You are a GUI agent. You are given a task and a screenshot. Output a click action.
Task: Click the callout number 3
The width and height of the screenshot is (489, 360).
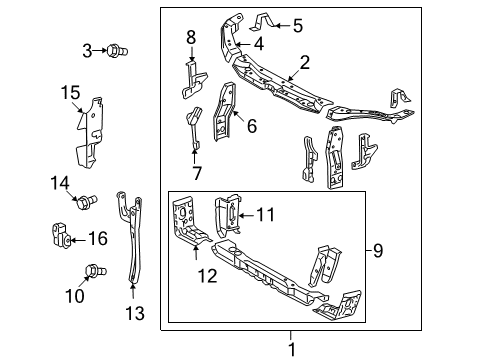87,51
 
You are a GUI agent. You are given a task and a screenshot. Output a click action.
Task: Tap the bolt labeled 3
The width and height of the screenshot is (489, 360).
117,51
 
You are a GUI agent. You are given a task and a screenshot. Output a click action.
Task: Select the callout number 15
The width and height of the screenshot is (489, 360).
71,92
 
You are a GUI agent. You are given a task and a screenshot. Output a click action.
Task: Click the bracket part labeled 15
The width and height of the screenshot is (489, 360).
89,133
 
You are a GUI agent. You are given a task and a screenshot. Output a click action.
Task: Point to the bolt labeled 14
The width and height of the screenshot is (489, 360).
87,202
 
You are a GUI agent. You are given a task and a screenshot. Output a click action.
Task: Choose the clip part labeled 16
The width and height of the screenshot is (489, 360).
62,236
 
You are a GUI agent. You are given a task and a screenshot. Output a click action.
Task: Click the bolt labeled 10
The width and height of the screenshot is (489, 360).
96,271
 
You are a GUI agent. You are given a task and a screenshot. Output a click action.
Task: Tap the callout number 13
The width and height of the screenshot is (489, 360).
135,313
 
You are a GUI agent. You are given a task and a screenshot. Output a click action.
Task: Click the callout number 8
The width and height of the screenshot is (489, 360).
191,37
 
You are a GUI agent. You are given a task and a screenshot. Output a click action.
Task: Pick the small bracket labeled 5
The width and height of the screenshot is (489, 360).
262,22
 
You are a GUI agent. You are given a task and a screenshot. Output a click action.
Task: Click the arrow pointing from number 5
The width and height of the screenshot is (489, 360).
283,25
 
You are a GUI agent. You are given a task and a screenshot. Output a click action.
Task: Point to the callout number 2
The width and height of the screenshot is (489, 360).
305,63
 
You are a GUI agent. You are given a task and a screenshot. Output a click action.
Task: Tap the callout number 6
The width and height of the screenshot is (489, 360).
252,126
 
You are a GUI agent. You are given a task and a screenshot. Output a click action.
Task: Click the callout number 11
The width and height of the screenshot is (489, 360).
266,215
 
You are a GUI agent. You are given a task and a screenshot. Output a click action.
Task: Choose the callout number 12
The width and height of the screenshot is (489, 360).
207,276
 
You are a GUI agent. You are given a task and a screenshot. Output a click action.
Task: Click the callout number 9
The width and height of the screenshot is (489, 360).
378,250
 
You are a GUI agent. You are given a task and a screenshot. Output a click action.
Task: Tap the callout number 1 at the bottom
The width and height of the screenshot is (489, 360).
292,349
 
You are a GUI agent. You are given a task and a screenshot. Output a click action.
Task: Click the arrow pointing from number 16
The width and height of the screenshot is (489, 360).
78,240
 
